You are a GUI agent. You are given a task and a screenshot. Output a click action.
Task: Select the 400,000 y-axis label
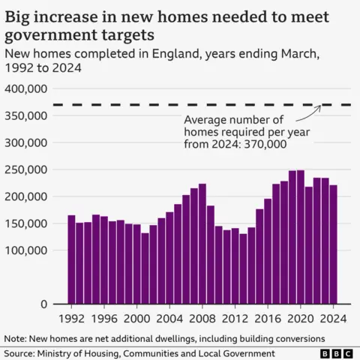[27, 88]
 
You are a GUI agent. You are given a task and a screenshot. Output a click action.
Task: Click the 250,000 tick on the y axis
[27, 169]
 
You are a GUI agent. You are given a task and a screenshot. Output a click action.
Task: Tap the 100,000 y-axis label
[27, 250]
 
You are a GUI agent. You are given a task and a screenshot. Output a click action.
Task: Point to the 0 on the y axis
[44, 304]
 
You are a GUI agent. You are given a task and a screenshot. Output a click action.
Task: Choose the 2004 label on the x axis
[169, 318]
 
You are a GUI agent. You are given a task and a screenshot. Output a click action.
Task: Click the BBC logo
[335, 353]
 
